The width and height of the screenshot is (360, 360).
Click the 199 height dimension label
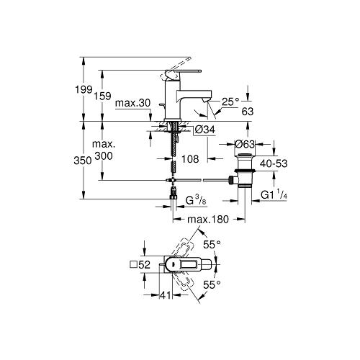click(84, 89)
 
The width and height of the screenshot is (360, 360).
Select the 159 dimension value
click(102, 96)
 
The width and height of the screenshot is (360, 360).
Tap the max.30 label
click(132, 103)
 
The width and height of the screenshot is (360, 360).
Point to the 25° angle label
click(230, 102)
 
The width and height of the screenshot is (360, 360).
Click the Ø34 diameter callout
click(205, 130)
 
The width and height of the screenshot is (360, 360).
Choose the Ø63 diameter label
click(245, 144)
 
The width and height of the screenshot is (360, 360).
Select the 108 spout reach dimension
click(190, 159)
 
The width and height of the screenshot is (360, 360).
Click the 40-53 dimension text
click(274, 163)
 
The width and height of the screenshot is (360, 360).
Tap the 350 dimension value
click(83, 161)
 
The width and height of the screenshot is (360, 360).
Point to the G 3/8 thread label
click(196, 200)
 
